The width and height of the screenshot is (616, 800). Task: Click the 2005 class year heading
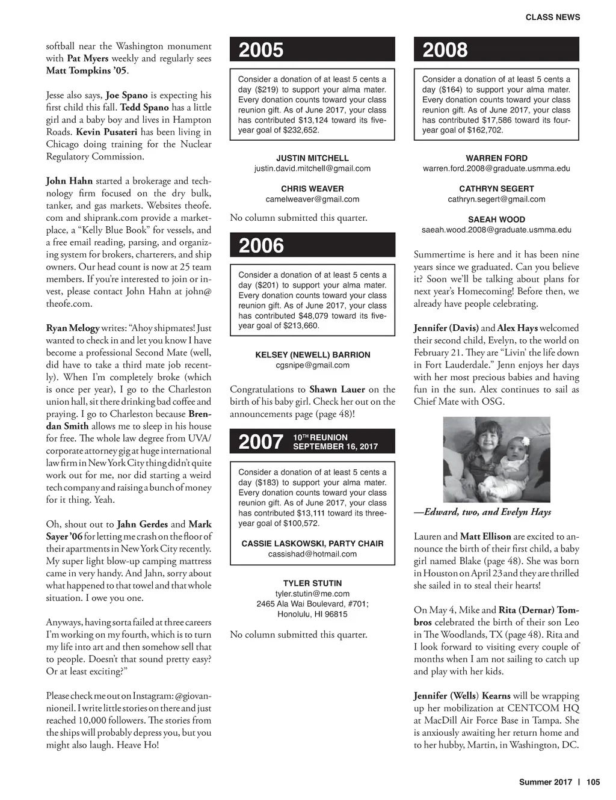(261, 50)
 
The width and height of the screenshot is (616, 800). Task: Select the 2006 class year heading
(261, 245)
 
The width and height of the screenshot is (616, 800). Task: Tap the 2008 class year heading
(445, 50)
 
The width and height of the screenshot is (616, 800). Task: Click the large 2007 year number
(260, 442)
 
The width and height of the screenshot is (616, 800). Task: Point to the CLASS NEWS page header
(553, 17)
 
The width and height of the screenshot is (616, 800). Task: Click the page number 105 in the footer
(593, 783)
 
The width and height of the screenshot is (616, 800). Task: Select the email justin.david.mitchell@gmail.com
(312, 168)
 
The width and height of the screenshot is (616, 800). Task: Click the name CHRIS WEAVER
(312, 189)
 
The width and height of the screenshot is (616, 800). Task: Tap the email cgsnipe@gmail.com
(312, 365)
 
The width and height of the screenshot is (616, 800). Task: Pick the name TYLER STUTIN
(312, 583)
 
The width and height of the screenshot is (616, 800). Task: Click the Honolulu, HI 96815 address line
(312, 614)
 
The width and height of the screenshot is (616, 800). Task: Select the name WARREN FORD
(496, 158)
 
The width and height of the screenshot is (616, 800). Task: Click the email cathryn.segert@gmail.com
(496, 199)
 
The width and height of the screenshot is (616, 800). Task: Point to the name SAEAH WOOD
(496, 220)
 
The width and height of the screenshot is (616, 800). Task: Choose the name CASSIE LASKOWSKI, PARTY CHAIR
(312, 544)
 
